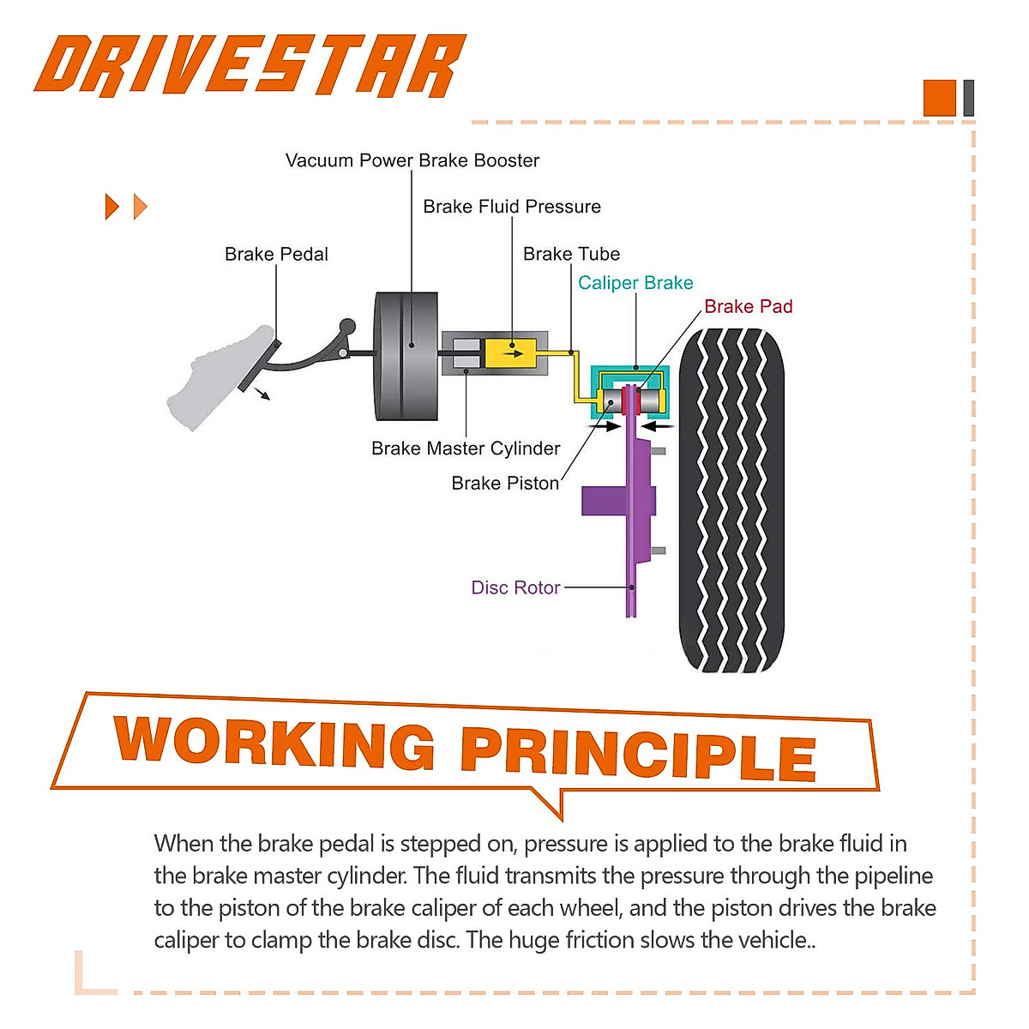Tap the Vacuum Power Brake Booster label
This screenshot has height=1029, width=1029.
coord(412,160)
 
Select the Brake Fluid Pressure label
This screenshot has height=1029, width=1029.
coord(512,207)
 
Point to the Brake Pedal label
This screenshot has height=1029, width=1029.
coord(276,254)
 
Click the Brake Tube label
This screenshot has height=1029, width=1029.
coord(571,254)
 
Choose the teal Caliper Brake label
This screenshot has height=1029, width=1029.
coord(635,283)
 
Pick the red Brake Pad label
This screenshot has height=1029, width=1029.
coord(748,307)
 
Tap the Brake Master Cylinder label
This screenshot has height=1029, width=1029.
coord(466,448)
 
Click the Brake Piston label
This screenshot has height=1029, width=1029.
coord(505,484)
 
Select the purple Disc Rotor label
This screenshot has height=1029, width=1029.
coord(515,588)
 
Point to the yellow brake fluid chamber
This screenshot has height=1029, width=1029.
coord(511,353)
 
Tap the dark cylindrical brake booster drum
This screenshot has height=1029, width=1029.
coord(407,356)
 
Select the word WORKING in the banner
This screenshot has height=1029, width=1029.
coord(275,743)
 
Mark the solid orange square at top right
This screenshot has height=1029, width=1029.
coord(939,98)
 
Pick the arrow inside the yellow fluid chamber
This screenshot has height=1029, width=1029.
coord(512,352)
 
